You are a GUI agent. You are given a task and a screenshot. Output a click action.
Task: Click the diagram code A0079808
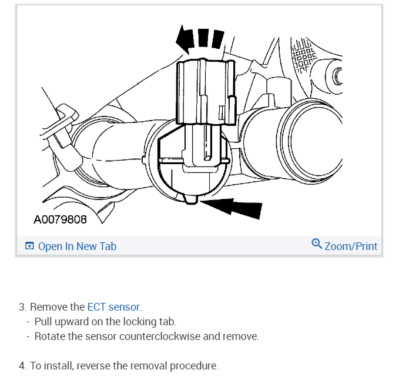coord(60,219)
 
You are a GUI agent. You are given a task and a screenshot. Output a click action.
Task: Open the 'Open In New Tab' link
coord(77,246)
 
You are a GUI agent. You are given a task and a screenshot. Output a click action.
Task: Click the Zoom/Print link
coord(351,246)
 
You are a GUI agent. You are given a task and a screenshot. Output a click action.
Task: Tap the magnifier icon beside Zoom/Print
coord(317,244)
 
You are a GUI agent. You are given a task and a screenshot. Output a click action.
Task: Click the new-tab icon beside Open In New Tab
coord(29,246)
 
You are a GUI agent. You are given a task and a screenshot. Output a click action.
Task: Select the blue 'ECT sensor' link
coord(113,306)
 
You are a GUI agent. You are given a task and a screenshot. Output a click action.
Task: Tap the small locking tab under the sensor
coord(190,201)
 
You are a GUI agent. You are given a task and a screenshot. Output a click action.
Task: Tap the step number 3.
coord(22,306)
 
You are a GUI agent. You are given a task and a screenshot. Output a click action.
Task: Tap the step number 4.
coord(22,365)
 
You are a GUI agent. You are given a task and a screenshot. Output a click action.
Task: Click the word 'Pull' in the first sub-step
coord(42,322)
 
